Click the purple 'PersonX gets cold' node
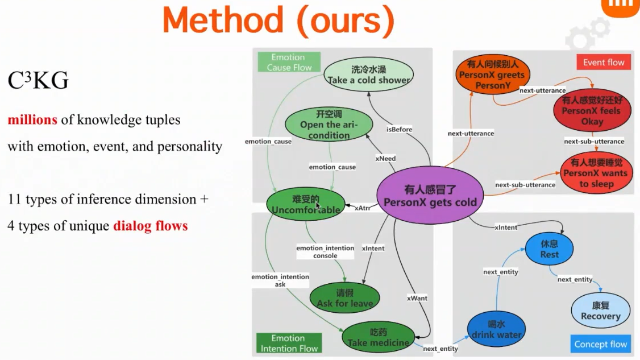click(430, 196)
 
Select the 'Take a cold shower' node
click(368, 75)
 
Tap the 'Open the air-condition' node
click(329, 124)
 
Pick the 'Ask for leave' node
click(344, 297)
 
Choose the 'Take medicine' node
click(378, 337)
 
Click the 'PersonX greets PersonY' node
click(492, 75)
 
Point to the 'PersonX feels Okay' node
click(592, 111)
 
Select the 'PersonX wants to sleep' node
click(596, 173)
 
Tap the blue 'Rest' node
click(549, 249)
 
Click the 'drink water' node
click(496, 329)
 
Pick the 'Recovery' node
click(600, 311)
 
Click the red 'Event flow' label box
click(603, 63)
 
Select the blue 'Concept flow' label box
click(600, 344)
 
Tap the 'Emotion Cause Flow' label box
click(289, 62)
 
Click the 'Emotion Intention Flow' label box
click(289, 344)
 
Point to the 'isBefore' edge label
click(399, 129)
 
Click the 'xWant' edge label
click(417, 298)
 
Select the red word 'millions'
click(32, 120)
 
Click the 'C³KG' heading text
click(38, 81)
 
